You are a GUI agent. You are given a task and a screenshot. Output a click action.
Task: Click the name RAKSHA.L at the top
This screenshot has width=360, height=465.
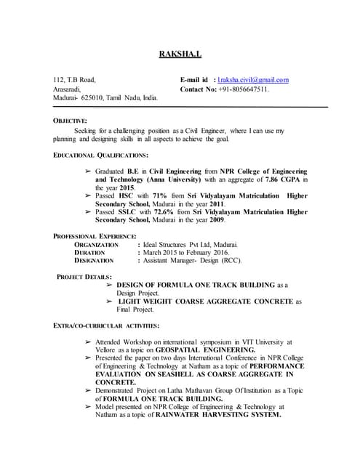[x=180, y=54]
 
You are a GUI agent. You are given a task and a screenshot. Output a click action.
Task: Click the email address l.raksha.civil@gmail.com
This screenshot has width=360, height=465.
[x=247, y=80]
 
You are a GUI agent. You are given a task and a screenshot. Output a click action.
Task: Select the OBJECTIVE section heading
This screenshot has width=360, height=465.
[x=70, y=120]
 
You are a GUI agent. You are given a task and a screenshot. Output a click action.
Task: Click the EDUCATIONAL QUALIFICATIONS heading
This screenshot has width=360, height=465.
[x=100, y=155]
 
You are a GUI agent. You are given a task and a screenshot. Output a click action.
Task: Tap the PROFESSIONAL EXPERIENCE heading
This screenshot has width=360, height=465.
[x=95, y=237]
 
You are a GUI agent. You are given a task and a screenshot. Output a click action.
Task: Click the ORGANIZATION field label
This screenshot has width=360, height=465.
[x=96, y=246]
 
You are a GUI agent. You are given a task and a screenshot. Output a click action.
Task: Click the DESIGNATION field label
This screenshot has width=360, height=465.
[x=95, y=260]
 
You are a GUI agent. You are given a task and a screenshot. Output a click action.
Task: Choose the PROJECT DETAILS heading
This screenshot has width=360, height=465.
[x=84, y=277]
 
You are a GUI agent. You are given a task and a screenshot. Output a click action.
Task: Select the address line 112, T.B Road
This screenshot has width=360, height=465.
[x=73, y=80]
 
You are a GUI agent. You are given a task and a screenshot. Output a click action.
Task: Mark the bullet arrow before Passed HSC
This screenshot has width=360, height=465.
[x=88, y=196]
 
